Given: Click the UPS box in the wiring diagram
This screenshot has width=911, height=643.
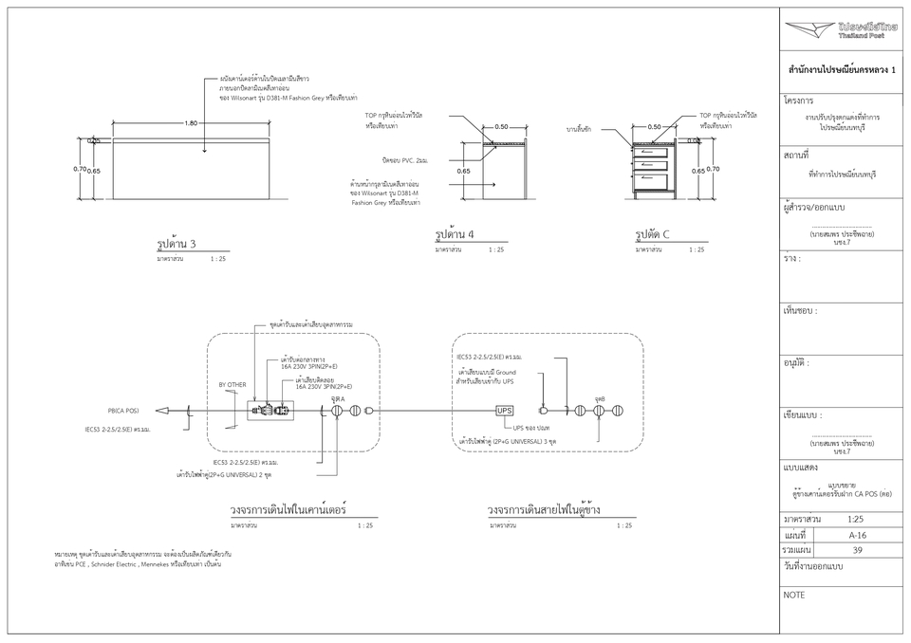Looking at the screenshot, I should click(x=505, y=411).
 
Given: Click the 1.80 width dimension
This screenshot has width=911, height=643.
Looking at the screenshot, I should click(x=192, y=123).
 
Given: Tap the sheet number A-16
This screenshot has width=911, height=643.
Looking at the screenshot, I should click(x=857, y=535).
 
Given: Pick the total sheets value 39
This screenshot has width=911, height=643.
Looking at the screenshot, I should click(x=857, y=550).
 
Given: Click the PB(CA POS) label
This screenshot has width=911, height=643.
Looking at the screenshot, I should click(x=123, y=411).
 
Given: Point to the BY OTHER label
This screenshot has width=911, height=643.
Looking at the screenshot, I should click(x=232, y=385).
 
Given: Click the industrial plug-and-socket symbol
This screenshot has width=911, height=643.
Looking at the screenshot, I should click(x=271, y=411).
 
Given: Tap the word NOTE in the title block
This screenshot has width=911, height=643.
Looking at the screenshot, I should click(x=794, y=595).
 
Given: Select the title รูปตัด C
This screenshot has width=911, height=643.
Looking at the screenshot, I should click(x=653, y=234).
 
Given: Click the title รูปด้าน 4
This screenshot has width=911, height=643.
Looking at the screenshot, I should click(x=455, y=234).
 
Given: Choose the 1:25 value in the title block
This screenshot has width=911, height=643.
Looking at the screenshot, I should click(x=855, y=520).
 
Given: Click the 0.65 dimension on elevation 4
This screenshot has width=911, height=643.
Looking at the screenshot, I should click(x=463, y=172).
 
